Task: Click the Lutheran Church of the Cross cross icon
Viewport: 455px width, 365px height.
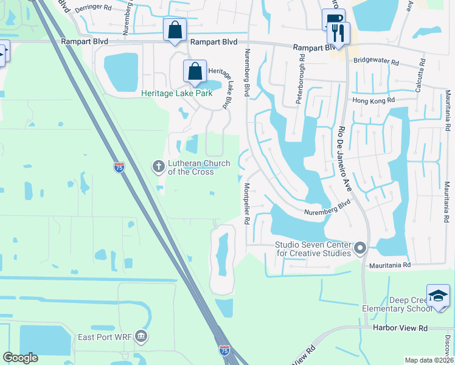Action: [158, 166]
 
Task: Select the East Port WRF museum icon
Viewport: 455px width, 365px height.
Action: [141, 336]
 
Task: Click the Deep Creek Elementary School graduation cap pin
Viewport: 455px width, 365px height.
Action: [438, 296]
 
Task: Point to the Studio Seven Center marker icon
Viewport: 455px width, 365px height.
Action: [359, 248]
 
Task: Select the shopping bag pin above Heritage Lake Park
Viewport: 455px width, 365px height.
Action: [195, 72]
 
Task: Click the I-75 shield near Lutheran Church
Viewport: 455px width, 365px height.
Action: [119, 167]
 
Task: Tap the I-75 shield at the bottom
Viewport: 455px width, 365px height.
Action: [224, 350]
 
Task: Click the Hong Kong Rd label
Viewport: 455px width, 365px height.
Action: [373, 100]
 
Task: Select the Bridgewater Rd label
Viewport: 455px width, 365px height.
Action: [377, 62]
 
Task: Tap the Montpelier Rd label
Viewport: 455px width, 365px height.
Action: [248, 204]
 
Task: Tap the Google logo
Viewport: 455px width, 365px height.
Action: [21, 358]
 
